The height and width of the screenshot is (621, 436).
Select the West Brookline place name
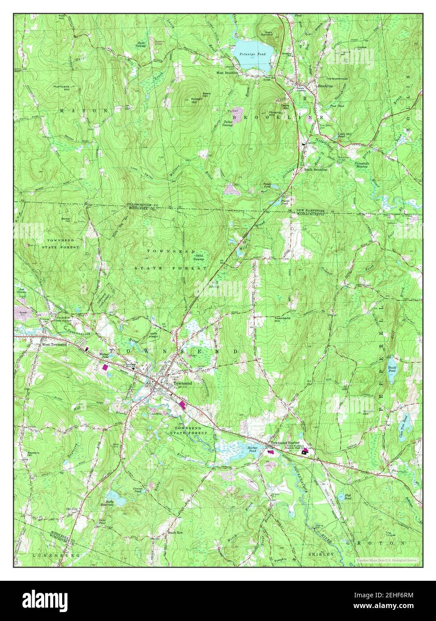(227, 72)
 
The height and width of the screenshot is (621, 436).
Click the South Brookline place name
(316, 170)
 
